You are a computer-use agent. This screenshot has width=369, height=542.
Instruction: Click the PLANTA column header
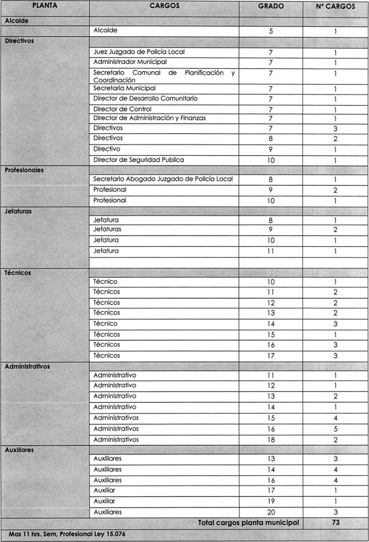coord(44,6)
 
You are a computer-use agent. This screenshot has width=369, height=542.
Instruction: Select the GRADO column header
coord(271,6)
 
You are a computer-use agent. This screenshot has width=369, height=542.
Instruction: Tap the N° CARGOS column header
coord(335,6)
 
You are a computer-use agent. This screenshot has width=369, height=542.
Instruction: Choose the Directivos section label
coord(19,41)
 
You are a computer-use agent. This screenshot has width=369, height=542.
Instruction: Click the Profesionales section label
coord(24,170)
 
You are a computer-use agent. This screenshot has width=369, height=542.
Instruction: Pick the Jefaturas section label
coord(18,211)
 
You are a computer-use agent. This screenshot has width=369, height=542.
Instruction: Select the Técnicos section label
coord(18,273)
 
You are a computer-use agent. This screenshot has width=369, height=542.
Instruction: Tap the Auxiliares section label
coord(19,450)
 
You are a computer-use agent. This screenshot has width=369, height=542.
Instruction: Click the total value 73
coord(335,522)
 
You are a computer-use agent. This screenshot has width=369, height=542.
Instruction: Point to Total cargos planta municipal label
coord(248,522)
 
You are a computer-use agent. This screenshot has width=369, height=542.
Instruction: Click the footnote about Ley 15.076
coord(67,534)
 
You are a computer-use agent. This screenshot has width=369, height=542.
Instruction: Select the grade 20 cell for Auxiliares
coord(271,512)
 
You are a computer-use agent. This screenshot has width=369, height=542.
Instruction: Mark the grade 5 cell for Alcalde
coord(271,31)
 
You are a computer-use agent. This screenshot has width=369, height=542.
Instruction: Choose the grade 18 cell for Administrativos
coord(271,440)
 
